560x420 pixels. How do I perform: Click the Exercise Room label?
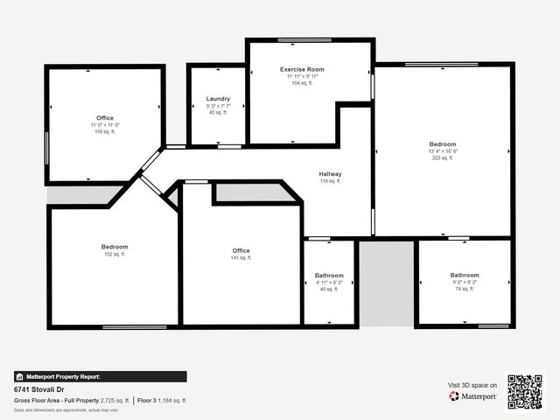302,69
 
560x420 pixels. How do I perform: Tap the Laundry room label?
218,99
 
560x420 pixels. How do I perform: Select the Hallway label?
330,173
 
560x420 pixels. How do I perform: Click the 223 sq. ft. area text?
442,158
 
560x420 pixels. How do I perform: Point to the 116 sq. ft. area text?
105,132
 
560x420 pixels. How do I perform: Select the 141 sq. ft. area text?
241,258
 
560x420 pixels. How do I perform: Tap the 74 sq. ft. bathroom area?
465,289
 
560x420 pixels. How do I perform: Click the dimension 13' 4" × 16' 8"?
442,151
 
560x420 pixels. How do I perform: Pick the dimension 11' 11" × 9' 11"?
302,76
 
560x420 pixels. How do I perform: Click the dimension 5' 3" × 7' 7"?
218,106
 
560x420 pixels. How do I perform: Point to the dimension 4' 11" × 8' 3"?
330,283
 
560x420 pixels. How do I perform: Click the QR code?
525,391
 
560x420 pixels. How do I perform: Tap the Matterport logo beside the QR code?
473,396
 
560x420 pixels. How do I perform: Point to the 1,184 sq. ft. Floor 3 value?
172,400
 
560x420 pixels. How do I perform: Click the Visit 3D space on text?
472,385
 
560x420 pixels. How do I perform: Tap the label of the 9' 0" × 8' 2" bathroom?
465,275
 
